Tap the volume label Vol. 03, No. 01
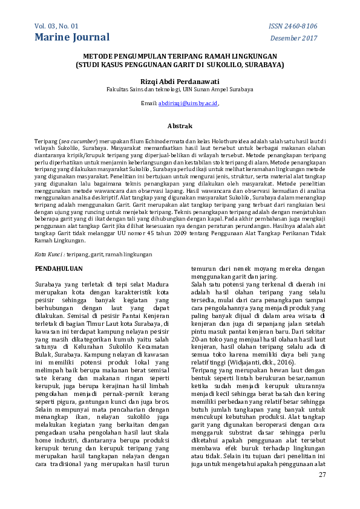pyautogui.click(x=57, y=26)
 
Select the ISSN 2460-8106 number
pyautogui.click(x=292, y=26)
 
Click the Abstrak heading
pyautogui.click(x=180, y=126)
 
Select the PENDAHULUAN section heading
pyautogui.click(x=58, y=267)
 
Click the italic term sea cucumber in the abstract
pyautogui.click(x=80, y=141)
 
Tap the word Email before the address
pyautogui.click(x=149, y=103)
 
